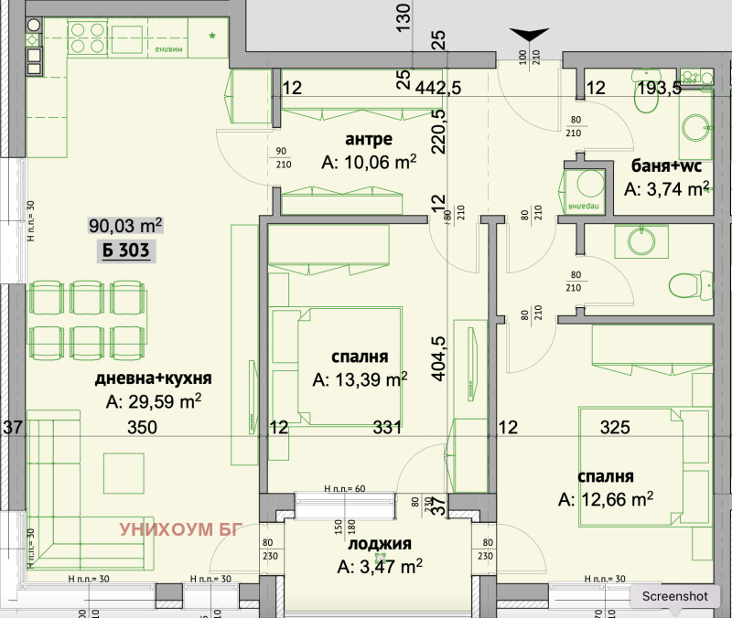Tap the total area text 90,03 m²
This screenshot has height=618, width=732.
pyautogui.click(x=125, y=225)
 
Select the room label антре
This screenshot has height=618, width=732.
pyautogui.click(x=369, y=140)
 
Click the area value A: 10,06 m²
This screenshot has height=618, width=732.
pyautogui.click(x=369, y=163)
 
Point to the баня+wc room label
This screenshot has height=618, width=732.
pyautogui.click(x=667, y=165)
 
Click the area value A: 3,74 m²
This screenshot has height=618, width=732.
pyautogui.click(x=667, y=189)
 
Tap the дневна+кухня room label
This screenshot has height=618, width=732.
pyautogui.click(x=153, y=378)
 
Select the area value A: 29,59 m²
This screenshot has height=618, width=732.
pyautogui.click(x=153, y=401)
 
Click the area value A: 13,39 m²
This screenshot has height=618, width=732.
pyautogui.click(x=360, y=378)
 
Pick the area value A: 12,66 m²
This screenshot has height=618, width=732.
pyautogui.click(x=606, y=498)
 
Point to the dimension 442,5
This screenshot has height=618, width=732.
pyautogui.click(x=437, y=89)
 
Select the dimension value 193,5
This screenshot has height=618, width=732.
pyautogui.click(x=657, y=89)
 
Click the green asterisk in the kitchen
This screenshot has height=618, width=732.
pyautogui.click(x=212, y=37)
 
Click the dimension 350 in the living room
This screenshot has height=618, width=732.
pyautogui.click(x=142, y=427)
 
